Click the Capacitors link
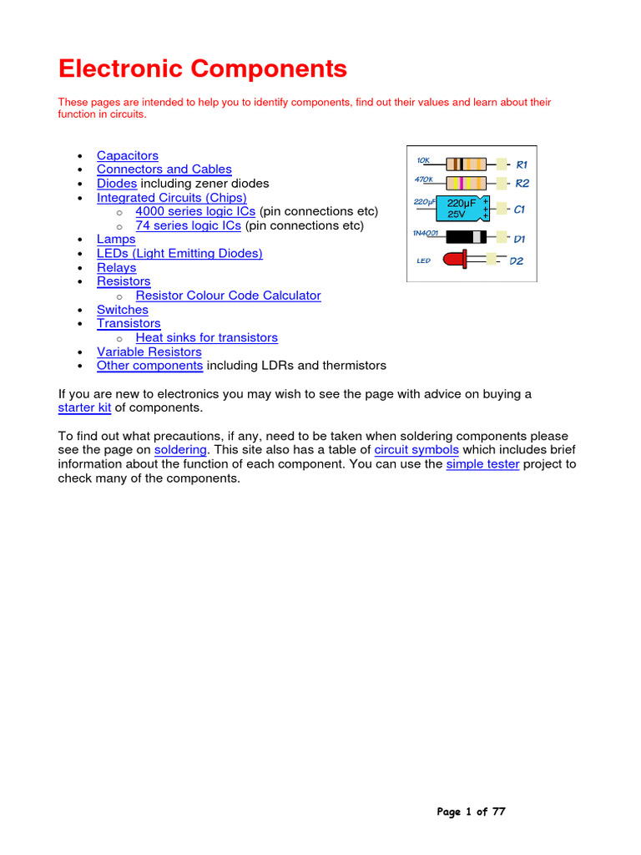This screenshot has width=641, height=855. click(x=127, y=155)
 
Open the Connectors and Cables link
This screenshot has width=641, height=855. click(x=164, y=169)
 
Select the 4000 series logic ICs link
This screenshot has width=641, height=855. click(x=195, y=211)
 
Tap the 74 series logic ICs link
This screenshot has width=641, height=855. click(x=188, y=225)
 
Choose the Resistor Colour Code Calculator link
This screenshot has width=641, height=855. click(x=228, y=296)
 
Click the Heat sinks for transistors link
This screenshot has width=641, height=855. click(x=206, y=337)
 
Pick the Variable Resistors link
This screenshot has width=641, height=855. click(x=149, y=352)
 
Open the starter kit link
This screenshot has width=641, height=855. click(x=84, y=407)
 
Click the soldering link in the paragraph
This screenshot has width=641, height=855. click(x=180, y=449)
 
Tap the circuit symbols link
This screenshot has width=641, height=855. click(x=416, y=449)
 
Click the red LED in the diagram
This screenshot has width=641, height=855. click(x=456, y=261)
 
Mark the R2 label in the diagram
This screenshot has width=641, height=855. click(x=522, y=183)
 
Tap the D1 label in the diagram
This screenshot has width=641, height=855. click(x=519, y=239)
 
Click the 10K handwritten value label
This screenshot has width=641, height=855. click(x=423, y=159)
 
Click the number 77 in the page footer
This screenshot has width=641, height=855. click(x=498, y=812)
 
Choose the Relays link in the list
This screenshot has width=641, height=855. click(x=116, y=267)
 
